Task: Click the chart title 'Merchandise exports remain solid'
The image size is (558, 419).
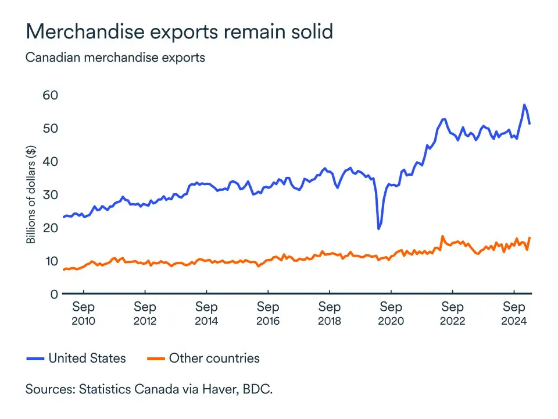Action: (179, 31)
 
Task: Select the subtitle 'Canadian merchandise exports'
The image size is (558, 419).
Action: (115, 58)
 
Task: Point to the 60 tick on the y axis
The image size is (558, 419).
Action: (51, 95)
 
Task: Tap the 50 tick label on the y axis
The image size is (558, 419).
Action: (51, 128)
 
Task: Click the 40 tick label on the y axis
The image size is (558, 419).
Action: (51, 161)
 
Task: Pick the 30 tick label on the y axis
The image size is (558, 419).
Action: (51, 194)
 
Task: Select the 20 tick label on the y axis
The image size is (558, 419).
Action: (51, 228)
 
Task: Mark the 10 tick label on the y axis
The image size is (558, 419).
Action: (51, 261)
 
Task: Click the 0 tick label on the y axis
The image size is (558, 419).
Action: (55, 294)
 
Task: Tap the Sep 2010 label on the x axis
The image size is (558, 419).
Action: (83, 313)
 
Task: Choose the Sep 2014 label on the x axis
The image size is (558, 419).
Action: (206, 313)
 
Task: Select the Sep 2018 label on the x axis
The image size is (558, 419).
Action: (330, 313)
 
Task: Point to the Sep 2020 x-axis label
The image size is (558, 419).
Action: (391, 313)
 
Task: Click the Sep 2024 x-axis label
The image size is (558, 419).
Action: (514, 313)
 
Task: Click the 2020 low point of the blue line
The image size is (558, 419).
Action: (379, 228)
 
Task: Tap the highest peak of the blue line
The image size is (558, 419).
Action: (524, 105)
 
